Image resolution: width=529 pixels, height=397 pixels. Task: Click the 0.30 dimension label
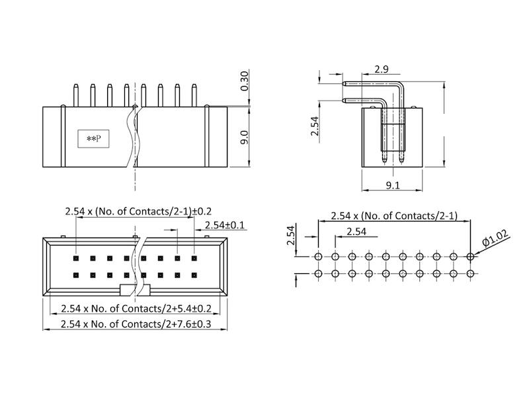click(245, 80)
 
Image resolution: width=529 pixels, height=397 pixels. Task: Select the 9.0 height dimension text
click(244, 138)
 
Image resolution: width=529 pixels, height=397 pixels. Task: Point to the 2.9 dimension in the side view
click(381, 69)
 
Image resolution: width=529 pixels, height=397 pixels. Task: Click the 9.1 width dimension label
click(392, 186)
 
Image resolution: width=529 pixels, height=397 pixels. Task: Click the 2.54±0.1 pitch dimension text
click(225, 226)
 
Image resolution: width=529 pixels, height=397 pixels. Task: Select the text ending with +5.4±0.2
click(136, 308)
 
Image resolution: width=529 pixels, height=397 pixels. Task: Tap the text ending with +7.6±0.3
click(136, 324)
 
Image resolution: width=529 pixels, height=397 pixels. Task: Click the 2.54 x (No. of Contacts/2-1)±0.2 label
click(138, 211)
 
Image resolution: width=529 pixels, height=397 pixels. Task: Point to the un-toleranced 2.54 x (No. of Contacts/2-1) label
click(394, 216)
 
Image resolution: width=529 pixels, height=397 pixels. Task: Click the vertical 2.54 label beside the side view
click(315, 126)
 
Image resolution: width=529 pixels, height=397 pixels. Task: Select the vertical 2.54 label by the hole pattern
click(290, 236)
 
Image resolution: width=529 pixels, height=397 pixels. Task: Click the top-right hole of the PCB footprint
click(470, 257)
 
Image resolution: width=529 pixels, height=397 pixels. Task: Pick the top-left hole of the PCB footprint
click(319, 257)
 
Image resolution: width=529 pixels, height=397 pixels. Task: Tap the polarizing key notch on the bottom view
click(135, 289)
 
